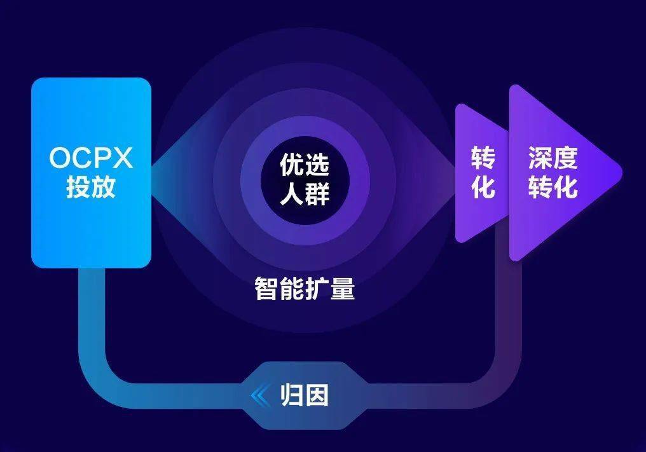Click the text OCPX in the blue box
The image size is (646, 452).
92,158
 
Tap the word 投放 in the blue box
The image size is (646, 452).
92,188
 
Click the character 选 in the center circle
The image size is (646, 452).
317,166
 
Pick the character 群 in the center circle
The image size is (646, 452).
317,194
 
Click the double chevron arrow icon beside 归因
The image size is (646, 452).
260,395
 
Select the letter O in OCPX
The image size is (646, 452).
59,158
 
